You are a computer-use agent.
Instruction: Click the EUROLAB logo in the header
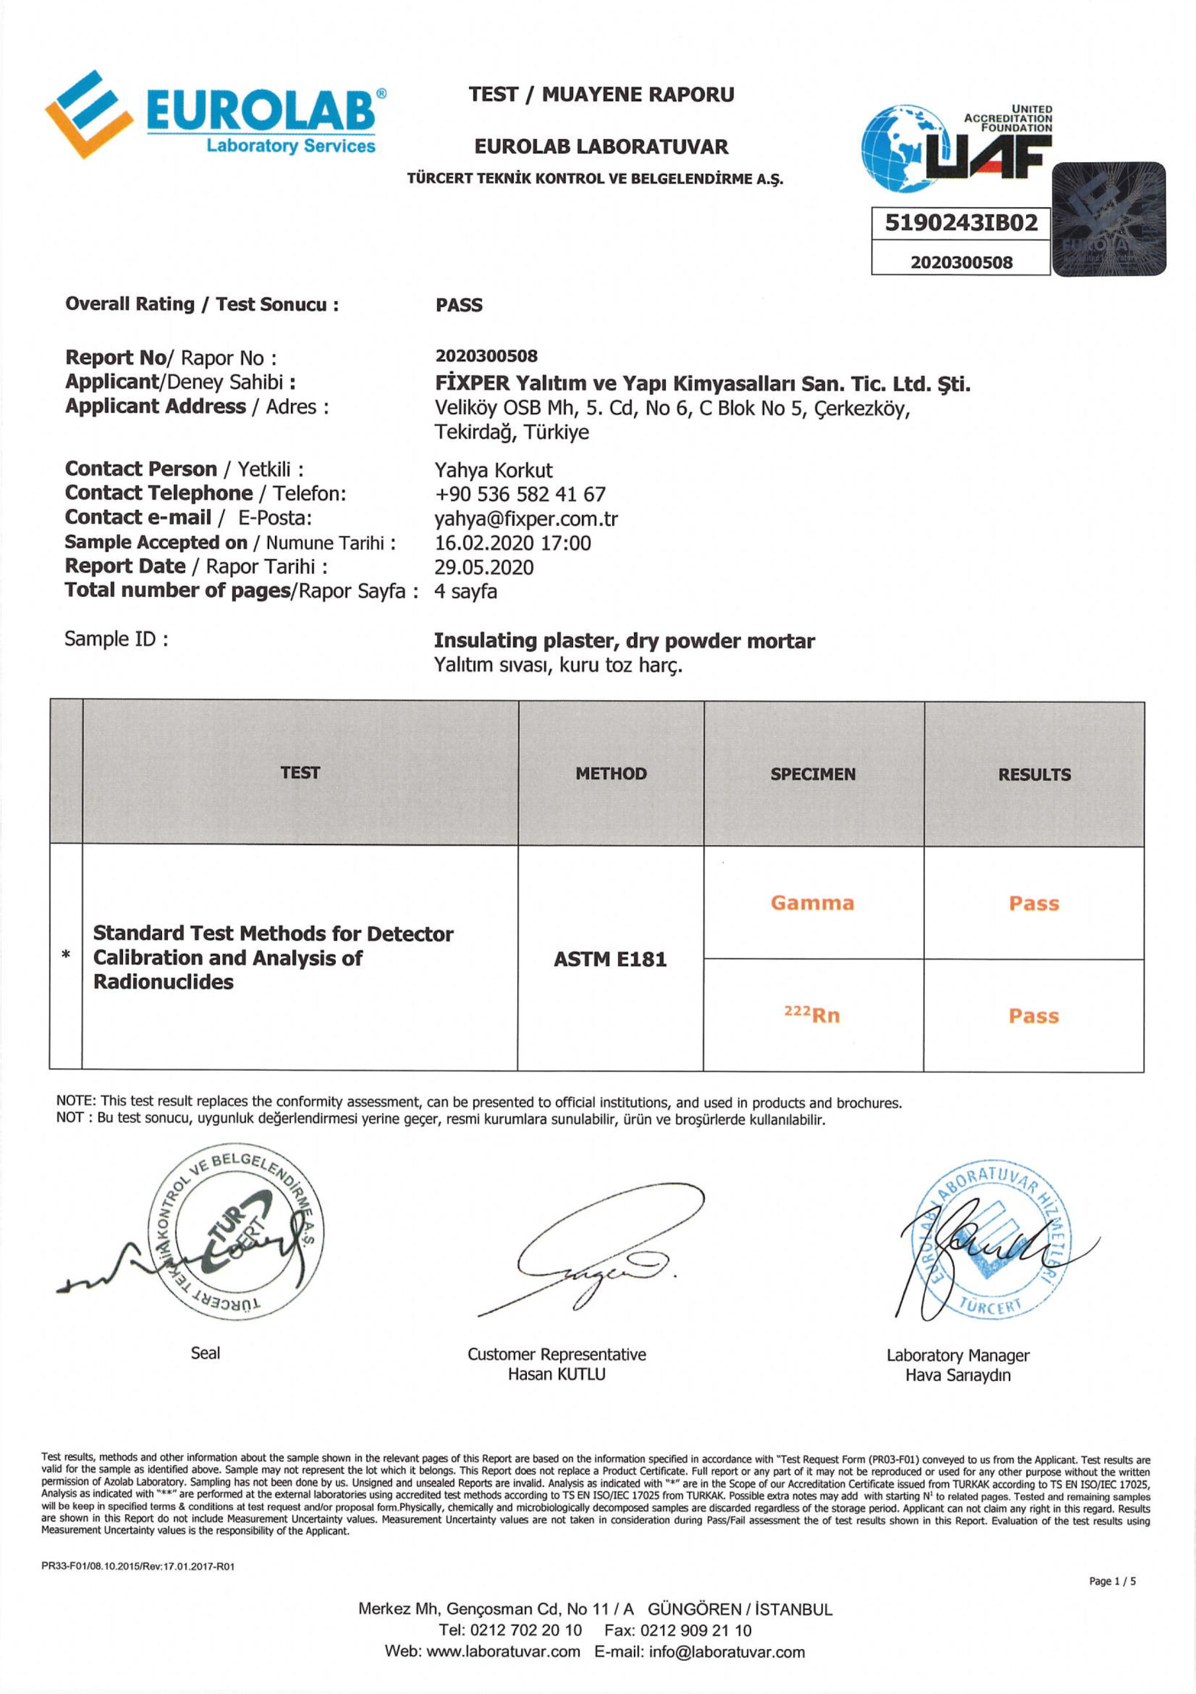[214, 114]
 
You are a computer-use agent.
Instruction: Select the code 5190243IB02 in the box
[961, 223]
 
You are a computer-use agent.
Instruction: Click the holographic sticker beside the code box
[1108, 220]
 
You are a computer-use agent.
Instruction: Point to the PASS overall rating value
[459, 304]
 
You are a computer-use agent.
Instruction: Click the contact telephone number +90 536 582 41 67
[520, 494]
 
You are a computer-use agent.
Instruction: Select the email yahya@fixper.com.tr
[526, 519]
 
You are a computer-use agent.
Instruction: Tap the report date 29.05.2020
[484, 566]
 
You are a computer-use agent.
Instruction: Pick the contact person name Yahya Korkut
[493, 470]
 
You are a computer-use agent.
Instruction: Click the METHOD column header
[610, 774]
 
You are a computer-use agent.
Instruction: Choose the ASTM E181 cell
[610, 958]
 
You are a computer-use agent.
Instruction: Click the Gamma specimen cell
[813, 903]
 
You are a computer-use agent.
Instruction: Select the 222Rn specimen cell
[812, 1015]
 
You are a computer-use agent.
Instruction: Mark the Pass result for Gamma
[1034, 903]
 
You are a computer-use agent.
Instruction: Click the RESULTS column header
[1034, 774]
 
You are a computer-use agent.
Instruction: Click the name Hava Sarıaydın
[957, 1375]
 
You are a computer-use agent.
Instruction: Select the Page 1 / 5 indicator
[1112, 1581]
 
